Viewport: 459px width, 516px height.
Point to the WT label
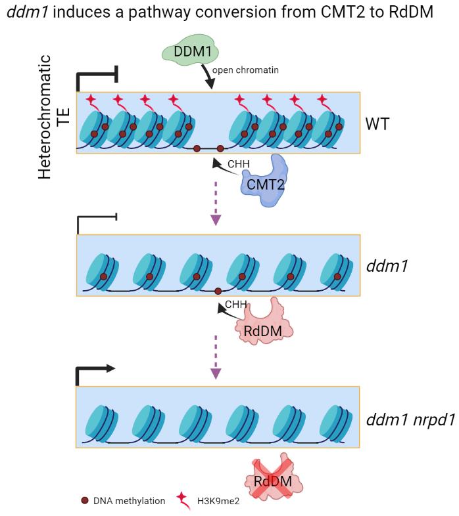point(377,123)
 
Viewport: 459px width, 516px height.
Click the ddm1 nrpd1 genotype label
point(411,420)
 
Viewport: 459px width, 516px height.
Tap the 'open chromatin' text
point(249,69)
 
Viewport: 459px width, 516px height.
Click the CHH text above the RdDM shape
point(235,305)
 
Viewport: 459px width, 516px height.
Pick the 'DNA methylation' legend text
point(129,501)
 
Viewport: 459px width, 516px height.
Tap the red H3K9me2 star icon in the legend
point(182,500)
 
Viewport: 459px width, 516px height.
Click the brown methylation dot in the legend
point(84,501)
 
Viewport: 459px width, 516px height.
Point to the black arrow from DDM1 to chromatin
point(208,75)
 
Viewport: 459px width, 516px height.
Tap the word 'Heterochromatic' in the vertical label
point(45,117)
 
